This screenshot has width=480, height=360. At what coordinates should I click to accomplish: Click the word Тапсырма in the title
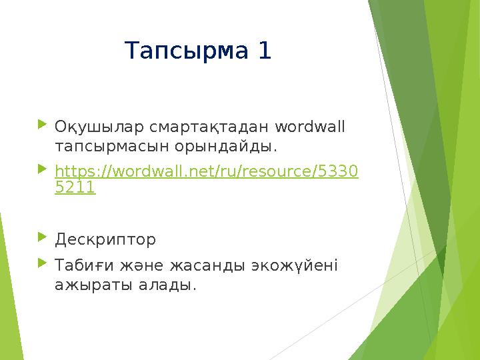[189, 51]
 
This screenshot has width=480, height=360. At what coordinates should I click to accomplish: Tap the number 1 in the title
[265, 51]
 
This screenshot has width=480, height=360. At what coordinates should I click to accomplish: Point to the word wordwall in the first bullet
[310, 126]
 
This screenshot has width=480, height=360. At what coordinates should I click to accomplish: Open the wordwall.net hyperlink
[206, 172]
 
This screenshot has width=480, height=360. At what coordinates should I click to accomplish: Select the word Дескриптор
[105, 239]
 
